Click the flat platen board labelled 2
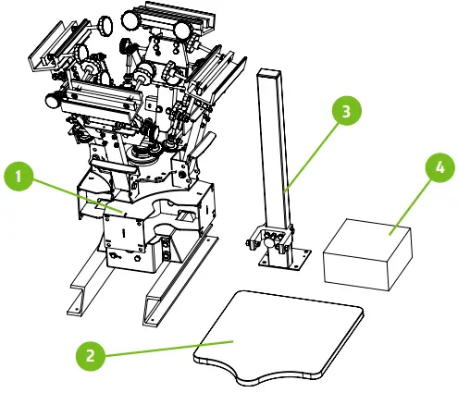coord(278,328)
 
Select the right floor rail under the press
coord(176,282)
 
